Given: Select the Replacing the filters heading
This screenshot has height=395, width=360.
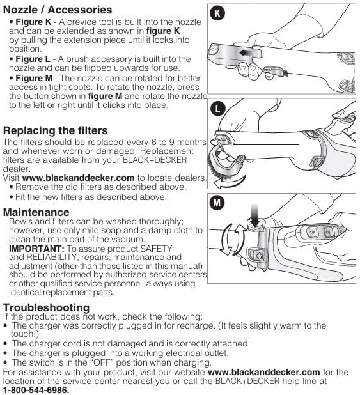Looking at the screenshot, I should (x=56, y=130).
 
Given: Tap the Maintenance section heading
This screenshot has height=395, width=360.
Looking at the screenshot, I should (x=37, y=212).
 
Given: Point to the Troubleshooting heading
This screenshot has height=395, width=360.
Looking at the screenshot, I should (x=46, y=307).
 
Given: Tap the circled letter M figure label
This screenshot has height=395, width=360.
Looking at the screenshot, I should (x=219, y=203).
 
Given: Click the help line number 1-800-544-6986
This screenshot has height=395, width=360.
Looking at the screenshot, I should (x=36, y=389).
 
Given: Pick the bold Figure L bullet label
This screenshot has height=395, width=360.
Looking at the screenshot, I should (x=33, y=59).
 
